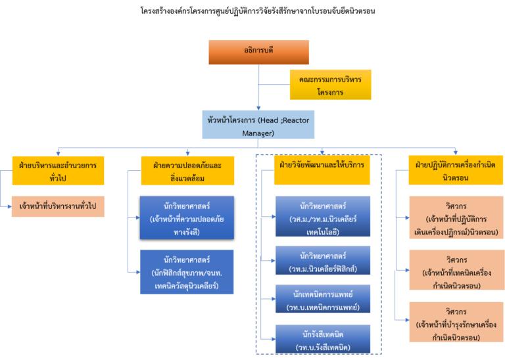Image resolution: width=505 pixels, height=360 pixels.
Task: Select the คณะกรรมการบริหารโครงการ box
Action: pos(321,84)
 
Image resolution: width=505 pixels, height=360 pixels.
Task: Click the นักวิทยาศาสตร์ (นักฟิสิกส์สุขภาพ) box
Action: pos(187,270)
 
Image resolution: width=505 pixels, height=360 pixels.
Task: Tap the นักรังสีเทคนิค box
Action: pos(322,339)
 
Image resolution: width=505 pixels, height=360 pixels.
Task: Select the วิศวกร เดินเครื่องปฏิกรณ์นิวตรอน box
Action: pos(456,217)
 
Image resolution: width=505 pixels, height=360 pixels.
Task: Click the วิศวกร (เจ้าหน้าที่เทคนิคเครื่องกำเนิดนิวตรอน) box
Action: pos(456,270)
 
